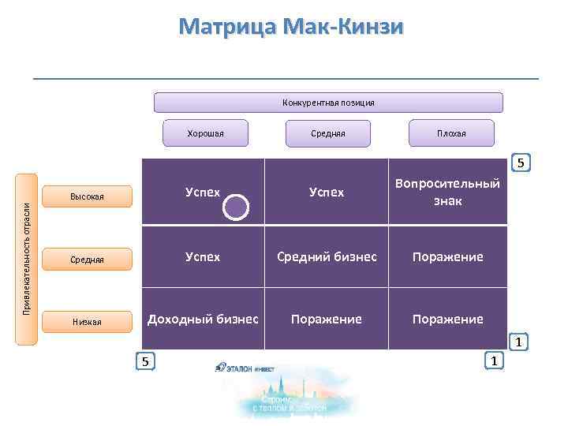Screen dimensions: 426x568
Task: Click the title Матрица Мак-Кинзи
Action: (290, 28)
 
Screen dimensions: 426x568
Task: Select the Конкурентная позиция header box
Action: (327, 103)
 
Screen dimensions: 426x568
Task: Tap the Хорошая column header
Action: (205, 133)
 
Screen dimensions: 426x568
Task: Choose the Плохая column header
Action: (451, 133)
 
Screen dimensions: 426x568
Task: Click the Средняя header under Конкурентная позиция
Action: (327, 133)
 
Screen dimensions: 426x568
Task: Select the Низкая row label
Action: (86, 321)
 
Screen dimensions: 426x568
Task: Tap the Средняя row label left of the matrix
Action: (86, 259)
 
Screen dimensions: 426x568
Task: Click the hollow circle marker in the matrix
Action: (236, 207)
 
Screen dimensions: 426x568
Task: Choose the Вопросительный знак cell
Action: (447, 192)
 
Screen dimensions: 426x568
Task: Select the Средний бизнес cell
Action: (327, 256)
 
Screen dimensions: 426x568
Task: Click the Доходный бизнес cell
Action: (203, 319)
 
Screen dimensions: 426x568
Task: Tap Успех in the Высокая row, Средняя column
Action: (327, 192)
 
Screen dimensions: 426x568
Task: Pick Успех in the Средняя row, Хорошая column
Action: (203, 256)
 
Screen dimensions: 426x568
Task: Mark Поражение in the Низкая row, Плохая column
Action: (447, 319)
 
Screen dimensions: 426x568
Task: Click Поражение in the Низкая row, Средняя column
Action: (327, 319)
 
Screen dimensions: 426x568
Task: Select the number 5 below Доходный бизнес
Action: (144, 361)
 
